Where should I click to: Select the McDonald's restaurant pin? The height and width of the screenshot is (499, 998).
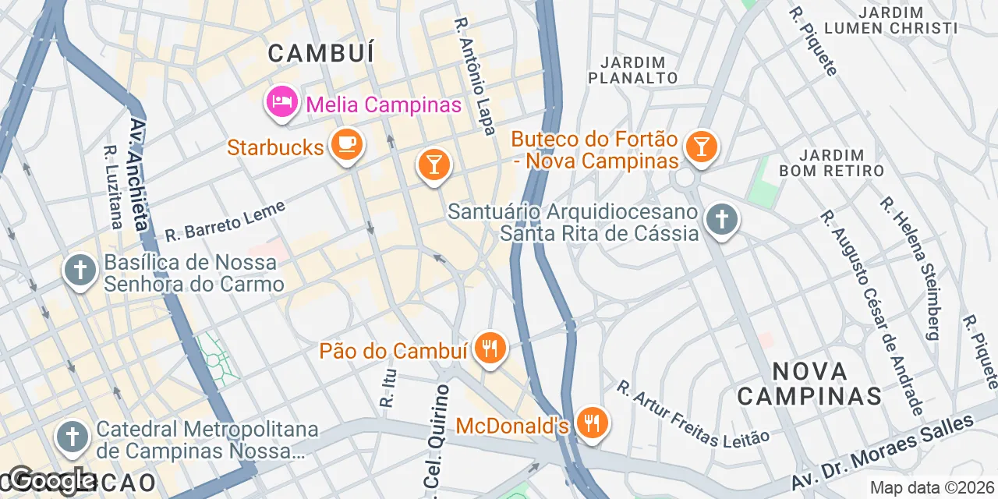point(593,424)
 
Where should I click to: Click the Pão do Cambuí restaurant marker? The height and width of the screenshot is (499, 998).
point(490,348)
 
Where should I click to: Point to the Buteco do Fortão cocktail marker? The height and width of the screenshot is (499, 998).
point(701,146)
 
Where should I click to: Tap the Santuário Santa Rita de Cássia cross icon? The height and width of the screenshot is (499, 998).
point(721,220)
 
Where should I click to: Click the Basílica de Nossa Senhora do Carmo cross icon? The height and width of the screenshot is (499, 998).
point(80,271)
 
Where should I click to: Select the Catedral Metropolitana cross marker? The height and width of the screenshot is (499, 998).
point(73,437)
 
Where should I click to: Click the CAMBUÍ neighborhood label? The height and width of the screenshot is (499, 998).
point(321,53)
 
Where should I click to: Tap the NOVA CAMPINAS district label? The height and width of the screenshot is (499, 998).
point(809,383)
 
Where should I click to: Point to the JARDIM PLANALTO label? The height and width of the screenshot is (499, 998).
point(633,70)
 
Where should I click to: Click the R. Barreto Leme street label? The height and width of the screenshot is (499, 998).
point(225,221)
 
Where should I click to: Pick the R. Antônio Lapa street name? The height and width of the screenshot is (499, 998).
point(474,76)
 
